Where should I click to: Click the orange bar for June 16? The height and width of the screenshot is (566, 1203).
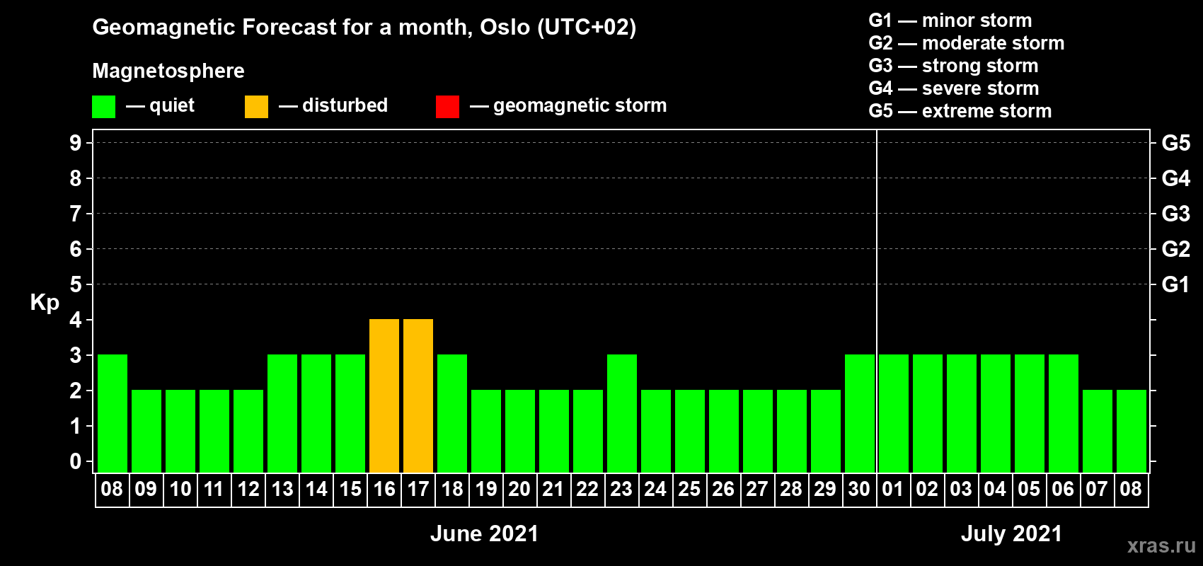[x=384, y=395]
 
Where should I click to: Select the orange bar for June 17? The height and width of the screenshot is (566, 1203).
[x=418, y=395]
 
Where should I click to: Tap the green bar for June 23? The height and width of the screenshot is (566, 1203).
[x=622, y=413]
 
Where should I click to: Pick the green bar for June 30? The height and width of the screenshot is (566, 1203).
[x=860, y=413]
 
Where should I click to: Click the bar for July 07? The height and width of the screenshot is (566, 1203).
[x=1098, y=431]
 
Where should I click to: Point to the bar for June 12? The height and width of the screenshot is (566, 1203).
[x=248, y=431]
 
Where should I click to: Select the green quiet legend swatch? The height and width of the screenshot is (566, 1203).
[x=103, y=106]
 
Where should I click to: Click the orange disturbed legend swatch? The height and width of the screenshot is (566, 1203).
[x=256, y=106]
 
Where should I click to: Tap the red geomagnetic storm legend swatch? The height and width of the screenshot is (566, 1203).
[x=447, y=106]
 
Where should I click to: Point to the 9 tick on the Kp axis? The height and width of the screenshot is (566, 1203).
[x=75, y=143]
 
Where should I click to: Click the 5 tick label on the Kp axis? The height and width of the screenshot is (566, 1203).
[x=75, y=284]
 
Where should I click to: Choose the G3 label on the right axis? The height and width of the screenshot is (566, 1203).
[x=1176, y=214]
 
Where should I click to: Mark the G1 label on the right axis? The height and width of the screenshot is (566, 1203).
[x=1176, y=284]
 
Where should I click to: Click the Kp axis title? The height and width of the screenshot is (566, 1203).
[x=45, y=303]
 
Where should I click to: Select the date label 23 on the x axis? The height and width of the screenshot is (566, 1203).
[x=621, y=489]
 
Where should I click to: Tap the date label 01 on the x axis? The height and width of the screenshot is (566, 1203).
[x=893, y=489]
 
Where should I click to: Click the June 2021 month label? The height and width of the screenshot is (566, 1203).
[x=485, y=533]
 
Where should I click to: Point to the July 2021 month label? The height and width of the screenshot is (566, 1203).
[x=1012, y=533]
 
